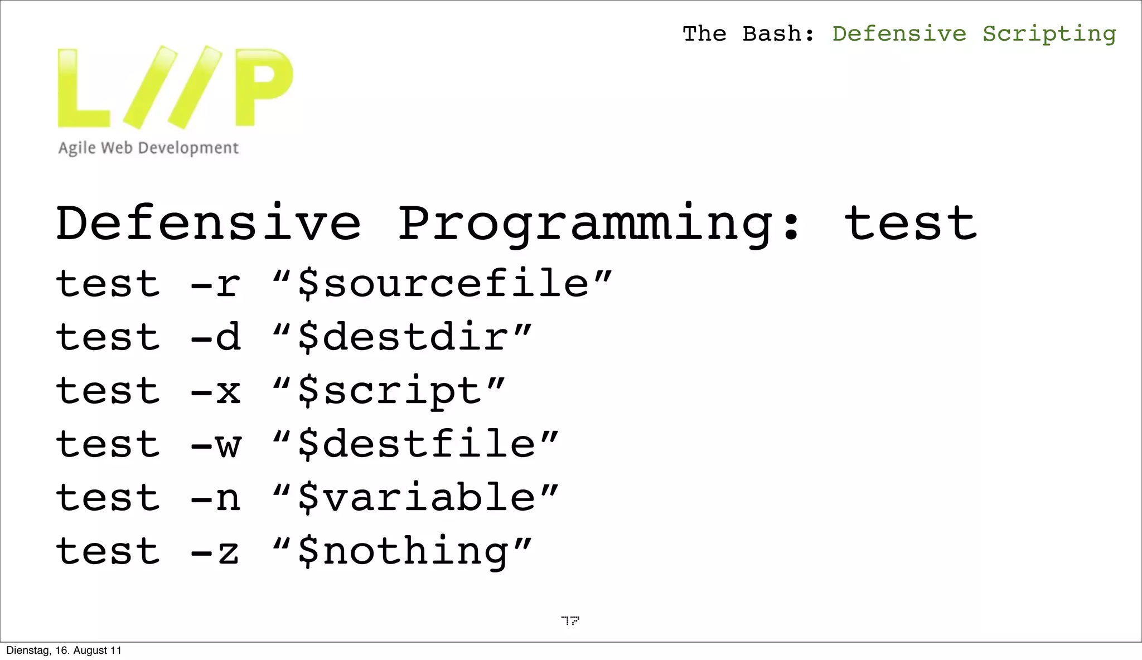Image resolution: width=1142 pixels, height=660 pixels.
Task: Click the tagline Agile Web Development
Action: pyautogui.click(x=148, y=148)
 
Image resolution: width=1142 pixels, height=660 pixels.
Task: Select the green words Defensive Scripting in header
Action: pyautogui.click(x=974, y=34)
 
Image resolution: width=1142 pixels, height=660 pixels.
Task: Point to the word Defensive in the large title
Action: pyautogui.click(x=209, y=223)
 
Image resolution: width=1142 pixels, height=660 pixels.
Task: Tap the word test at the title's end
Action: pyautogui.click(x=910, y=223)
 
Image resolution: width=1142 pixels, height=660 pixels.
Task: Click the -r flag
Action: pyautogui.click(x=215, y=284)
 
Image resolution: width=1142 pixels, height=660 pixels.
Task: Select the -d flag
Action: pyautogui.click(x=215, y=337)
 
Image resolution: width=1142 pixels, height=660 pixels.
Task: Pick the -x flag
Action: pyautogui.click(x=215, y=391)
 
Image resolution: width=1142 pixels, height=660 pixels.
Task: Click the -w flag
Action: pyautogui.click(x=215, y=444)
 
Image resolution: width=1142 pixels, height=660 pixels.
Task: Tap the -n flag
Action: pyautogui.click(x=215, y=497)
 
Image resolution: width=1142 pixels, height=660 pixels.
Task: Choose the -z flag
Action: pyautogui.click(x=215, y=551)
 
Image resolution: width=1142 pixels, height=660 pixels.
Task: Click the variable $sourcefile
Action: pyautogui.click(x=443, y=284)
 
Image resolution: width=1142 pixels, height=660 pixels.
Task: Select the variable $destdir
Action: pyautogui.click(x=403, y=337)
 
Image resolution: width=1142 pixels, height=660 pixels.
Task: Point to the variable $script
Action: pyautogui.click(x=389, y=391)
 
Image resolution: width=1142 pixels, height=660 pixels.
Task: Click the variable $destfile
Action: pyautogui.click(x=416, y=444)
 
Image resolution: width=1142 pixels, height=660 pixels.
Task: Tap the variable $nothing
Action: pyautogui.click(x=403, y=551)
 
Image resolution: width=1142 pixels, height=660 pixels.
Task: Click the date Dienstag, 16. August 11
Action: pyautogui.click(x=64, y=651)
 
